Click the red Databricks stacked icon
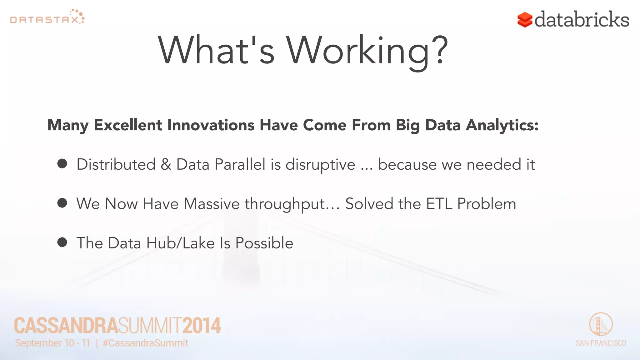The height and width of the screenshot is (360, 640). point(525,20)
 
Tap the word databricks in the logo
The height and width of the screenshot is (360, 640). point(582,20)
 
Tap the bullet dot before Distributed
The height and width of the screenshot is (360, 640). point(62,163)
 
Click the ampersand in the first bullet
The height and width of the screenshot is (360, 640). point(166,165)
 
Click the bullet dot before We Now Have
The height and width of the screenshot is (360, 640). point(62,203)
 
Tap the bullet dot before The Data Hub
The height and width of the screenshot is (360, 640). point(62,242)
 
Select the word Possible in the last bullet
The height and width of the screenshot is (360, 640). point(264,243)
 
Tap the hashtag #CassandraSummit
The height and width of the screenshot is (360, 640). point(145,343)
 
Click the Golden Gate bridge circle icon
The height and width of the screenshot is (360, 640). point(601,324)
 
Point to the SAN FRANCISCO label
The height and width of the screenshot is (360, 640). point(601,343)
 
